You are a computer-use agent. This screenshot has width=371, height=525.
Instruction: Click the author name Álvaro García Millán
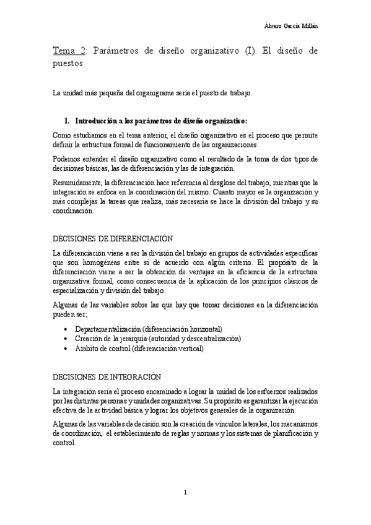pyautogui.click(x=290, y=25)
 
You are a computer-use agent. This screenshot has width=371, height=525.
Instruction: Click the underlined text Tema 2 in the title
pyautogui.click(x=68, y=51)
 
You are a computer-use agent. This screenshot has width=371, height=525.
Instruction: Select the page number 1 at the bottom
pyautogui.click(x=185, y=493)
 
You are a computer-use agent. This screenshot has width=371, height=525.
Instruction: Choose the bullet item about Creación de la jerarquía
pyautogui.click(x=157, y=339)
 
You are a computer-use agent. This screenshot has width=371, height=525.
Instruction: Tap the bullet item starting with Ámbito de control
pyautogui.click(x=138, y=349)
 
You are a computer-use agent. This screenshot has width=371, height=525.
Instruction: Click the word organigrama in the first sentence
pyautogui.click(x=136, y=93)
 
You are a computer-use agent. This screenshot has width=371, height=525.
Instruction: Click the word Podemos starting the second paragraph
pyautogui.click(x=66, y=159)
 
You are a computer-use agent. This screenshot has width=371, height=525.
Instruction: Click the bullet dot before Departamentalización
pyautogui.click(x=66, y=329)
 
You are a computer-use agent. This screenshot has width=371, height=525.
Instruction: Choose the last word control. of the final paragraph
pyautogui.click(x=64, y=443)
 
